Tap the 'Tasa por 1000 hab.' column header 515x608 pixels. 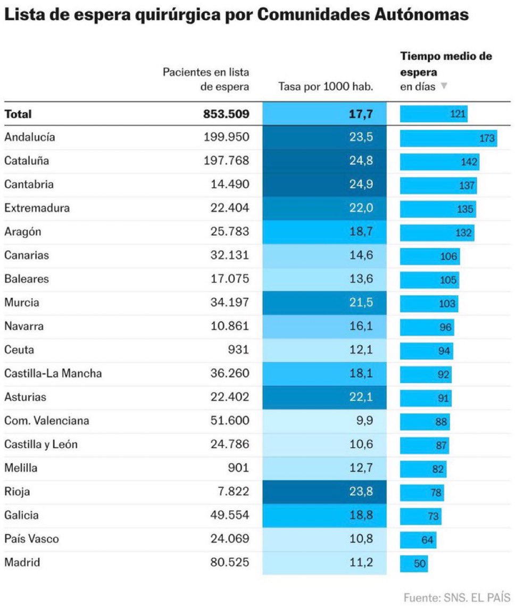(325, 86)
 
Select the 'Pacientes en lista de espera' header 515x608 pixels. (206, 79)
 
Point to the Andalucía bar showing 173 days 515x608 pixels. (448, 138)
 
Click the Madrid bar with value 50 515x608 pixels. (414, 564)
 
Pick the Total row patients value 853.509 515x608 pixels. (226, 114)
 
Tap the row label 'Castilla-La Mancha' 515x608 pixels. (53, 373)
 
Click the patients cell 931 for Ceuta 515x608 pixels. (239, 350)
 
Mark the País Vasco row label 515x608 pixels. (31, 539)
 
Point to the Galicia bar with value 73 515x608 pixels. (420, 516)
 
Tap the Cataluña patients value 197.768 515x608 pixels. (226, 161)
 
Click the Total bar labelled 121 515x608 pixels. (434, 114)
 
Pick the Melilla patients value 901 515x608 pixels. (239, 468)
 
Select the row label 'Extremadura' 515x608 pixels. (37, 208)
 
